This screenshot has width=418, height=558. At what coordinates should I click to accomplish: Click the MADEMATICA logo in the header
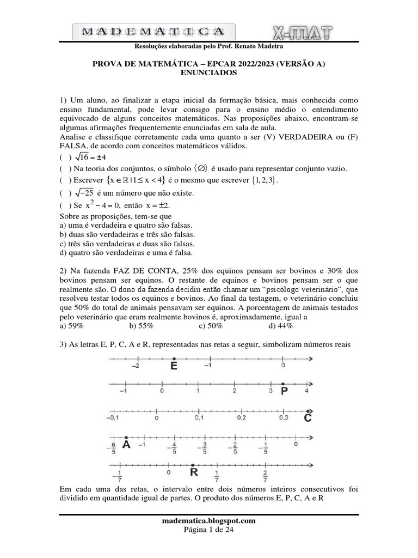click(x=153, y=32)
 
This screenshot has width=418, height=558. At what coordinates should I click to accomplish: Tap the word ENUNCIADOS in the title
click(x=208, y=72)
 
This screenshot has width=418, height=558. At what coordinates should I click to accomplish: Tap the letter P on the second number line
click(x=284, y=391)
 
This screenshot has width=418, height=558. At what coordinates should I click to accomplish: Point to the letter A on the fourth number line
click(x=126, y=445)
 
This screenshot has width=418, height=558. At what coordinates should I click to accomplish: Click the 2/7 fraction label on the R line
click(x=265, y=476)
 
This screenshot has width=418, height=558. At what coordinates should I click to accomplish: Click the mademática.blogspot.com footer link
click(x=209, y=520)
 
